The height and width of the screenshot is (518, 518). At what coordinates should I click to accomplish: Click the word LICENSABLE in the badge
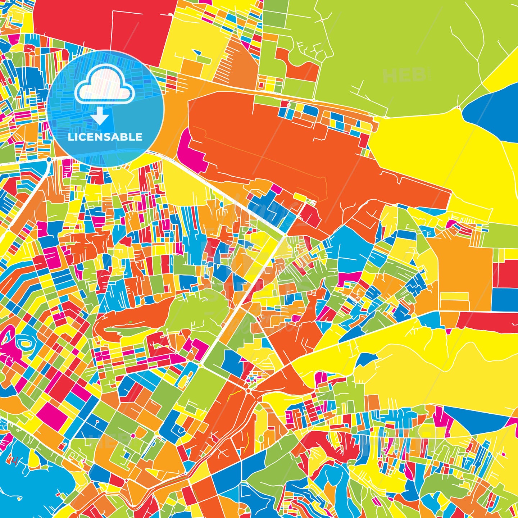105,137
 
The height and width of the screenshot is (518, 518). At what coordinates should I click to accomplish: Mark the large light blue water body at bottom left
29,482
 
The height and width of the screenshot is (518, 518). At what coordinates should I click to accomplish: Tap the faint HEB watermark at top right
404,76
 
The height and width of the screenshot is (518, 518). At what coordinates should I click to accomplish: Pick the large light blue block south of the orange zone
347,248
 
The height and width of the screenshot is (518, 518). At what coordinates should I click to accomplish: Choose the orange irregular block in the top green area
299,67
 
